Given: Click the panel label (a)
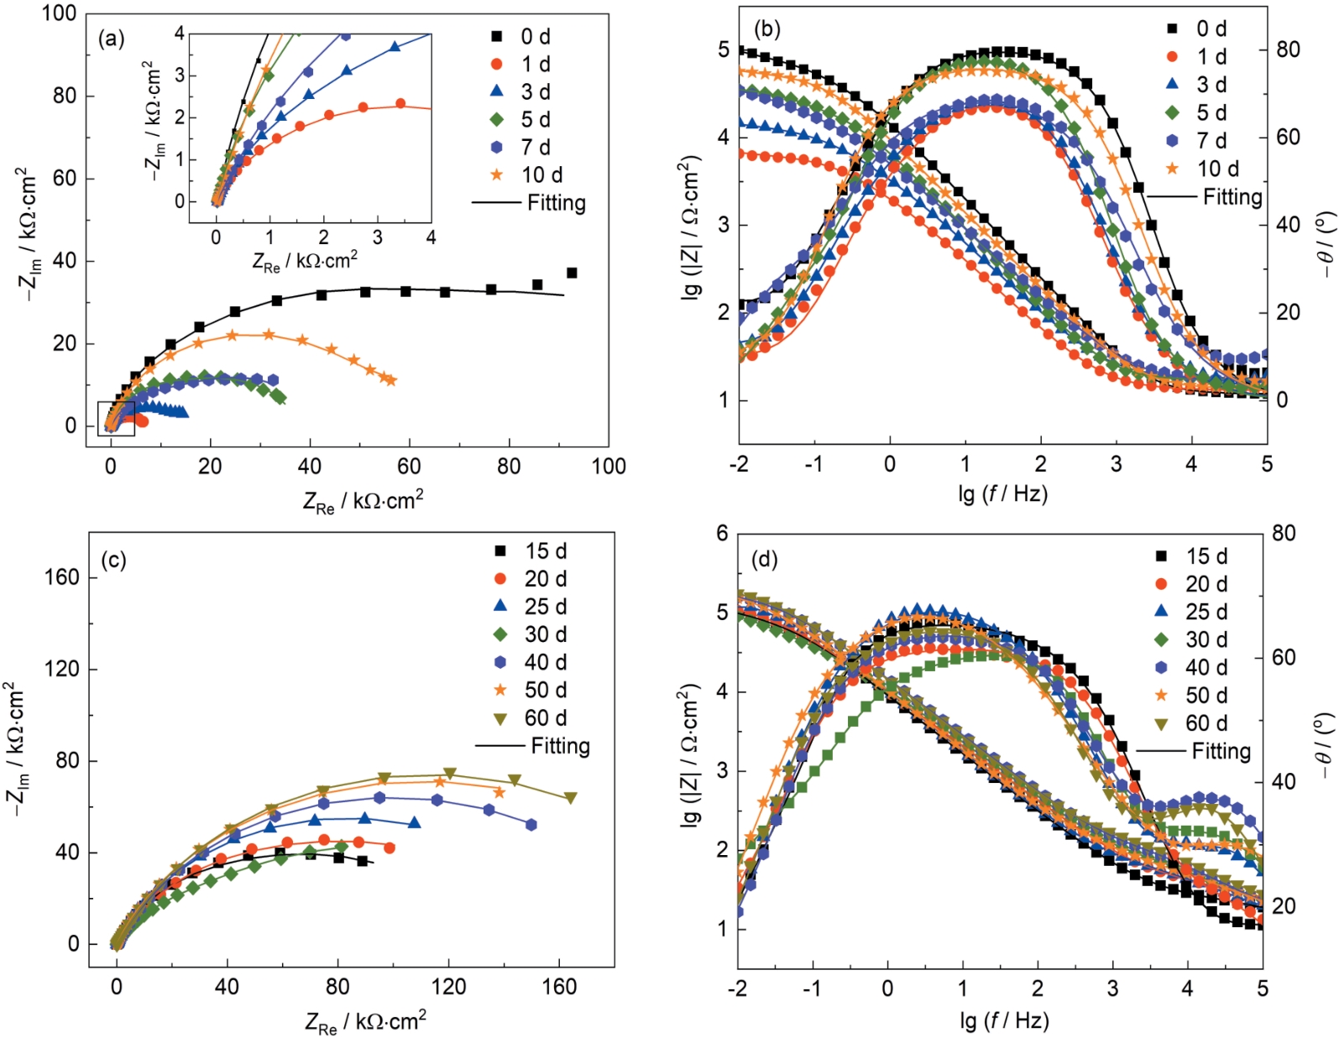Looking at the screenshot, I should (111, 39).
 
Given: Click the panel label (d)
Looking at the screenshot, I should (765, 559).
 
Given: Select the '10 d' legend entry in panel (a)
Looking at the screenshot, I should (542, 175).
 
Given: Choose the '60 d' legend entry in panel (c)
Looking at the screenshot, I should (546, 718).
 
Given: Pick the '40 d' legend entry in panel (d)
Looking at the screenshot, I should (1206, 667).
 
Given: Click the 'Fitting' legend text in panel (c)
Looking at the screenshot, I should (560, 746).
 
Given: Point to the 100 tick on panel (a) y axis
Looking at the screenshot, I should (58, 13).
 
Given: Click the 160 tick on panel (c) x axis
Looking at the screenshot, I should (559, 986).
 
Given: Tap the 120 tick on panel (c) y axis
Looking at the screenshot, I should (60, 669).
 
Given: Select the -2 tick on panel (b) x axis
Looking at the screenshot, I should (739, 464).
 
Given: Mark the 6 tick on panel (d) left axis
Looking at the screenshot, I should (722, 534).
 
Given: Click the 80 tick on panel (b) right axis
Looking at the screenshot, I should (1288, 50).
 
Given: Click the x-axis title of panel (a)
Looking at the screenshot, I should (363, 501).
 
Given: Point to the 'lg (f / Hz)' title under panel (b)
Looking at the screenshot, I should (1002, 493).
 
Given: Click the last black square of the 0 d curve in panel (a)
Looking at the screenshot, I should (572, 273).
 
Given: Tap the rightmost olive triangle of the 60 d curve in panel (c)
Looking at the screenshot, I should (571, 798).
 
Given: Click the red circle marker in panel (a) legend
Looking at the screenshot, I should (497, 64).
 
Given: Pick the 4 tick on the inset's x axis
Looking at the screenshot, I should (431, 237).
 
